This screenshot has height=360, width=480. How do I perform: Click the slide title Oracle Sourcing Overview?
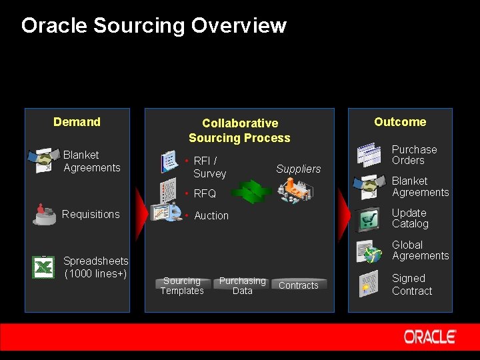pyautogui.click(x=153, y=26)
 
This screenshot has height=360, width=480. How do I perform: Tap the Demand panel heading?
pyautogui.click(x=77, y=122)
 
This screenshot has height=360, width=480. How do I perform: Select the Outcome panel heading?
pyautogui.click(x=399, y=122)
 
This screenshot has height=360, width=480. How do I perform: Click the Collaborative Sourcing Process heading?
pyautogui.click(x=239, y=131)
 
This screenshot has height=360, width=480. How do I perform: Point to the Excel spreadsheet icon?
pyautogui.click(x=43, y=267)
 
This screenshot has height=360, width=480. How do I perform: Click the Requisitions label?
pyautogui.click(x=91, y=214)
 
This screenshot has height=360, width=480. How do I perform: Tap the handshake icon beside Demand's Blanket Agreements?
pyautogui.click(x=43, y=161)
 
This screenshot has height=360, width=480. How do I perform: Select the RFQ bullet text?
pyautogui.click(x=205, y=194)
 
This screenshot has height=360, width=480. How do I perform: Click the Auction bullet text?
pyautogui.click(x=211, y=216)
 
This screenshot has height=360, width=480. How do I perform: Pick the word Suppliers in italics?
pyautogui.click(x=298, y=169)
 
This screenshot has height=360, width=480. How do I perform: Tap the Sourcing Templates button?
pyautogui.click(x=182, y=286)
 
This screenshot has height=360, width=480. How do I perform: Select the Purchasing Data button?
pyautogui.click(x=242, y=286)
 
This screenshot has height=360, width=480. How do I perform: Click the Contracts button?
pyautogui.click(x=298, y=285)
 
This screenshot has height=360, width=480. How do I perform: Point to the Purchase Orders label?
pyautogui.click(x=414, y=155)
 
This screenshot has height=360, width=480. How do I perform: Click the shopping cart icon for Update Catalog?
pyautogui.click(x=368, y=219)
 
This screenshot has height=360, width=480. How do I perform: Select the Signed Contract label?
pyautogui.click(x=411, y=285)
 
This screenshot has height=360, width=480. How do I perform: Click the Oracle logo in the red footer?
pyautogui.click(x=430, y=337)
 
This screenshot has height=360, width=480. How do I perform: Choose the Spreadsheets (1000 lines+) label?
pyautogui.click(x=95, y=267)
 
